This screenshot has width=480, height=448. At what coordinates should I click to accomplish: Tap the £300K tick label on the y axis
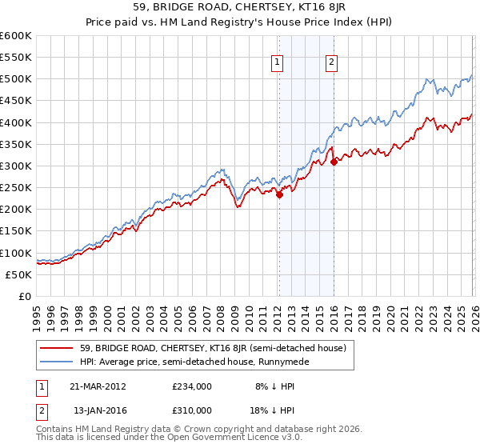click(x=15, y=166)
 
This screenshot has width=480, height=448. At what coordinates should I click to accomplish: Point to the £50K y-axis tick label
click(x=18, y=274)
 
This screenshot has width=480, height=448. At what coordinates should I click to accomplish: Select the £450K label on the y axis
click(x=15, y=101)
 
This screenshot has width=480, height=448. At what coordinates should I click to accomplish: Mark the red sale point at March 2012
click(x=280, y=194)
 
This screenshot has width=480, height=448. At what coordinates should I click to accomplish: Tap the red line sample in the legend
click(x=56, y=348)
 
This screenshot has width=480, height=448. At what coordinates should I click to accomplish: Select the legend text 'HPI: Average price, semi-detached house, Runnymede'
click(x=193, y=362)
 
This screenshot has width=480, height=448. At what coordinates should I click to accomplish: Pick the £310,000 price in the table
click(x=191, y=410)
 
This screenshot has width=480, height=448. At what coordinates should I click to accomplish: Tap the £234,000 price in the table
click(x=191, y=386)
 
